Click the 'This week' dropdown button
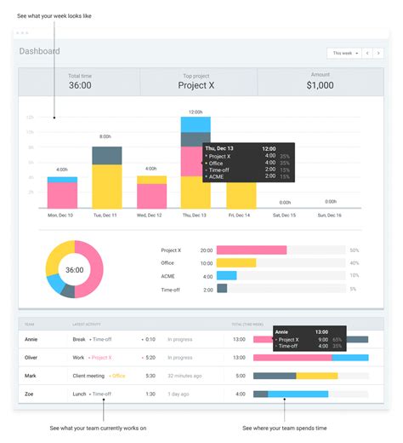point(344,53)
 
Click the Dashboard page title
point(40,51)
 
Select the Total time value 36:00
point(80,86)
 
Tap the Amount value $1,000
point(321,86)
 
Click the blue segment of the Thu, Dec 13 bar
point(196,124)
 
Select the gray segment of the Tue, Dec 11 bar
point(106,155)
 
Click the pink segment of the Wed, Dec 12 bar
point(151,195)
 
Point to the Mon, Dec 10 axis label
point(61,215)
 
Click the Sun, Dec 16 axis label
point(329,215)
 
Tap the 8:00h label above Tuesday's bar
point(106,136)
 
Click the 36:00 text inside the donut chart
point(74,270)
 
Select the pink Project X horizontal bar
point(251,250)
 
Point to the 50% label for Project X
point(354,250)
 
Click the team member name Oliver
point(33,358)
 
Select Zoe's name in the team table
point(31,394)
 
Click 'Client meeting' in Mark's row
point(88,376)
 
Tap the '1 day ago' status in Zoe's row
point(179,394)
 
